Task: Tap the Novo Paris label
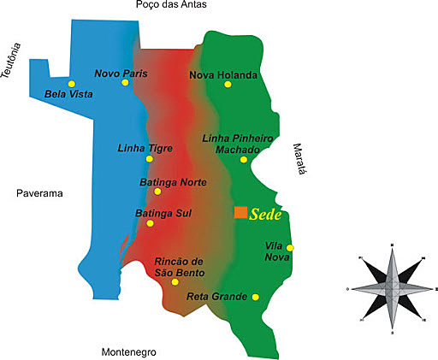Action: pos(121,74)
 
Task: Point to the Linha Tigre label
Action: pos(145,148)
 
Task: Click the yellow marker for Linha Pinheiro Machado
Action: pos(244,160)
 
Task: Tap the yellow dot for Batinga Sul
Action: pos(151,223)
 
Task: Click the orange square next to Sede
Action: pos(241,212)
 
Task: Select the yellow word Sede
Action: pos(267,214)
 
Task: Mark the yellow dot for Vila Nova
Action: pos(290,248)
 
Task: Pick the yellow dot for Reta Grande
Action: pos(256,297)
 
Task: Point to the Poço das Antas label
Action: pos(171,6)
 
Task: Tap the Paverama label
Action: pos(40,194)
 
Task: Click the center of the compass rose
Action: pos(391,289)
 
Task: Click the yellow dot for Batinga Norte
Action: pos(157,192)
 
